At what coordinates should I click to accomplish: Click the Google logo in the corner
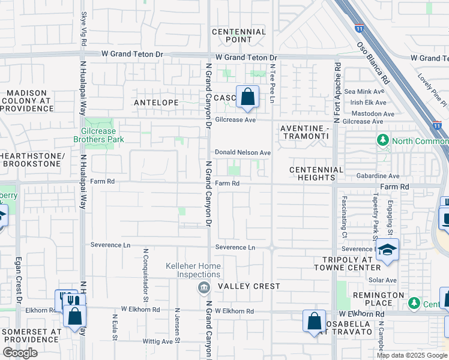click(x=20, y=353)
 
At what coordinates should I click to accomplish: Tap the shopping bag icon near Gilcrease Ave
click(x=247, y=97)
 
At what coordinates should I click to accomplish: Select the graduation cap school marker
click(x=387, y=250)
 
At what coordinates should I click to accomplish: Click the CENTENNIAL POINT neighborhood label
click(x=240, y=35)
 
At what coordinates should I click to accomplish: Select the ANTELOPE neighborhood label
click(x=156, y=103)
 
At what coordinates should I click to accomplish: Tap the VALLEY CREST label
click(x=249, y=286)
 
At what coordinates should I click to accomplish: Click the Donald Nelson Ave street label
click(x=243, y=153)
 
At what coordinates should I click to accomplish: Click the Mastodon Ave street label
click(x=373, y=113)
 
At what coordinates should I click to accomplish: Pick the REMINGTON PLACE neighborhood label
click(x=378, y=299)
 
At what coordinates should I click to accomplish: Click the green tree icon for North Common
click(x=382, y=140)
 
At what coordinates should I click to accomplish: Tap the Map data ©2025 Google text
click(x=412, y=355)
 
